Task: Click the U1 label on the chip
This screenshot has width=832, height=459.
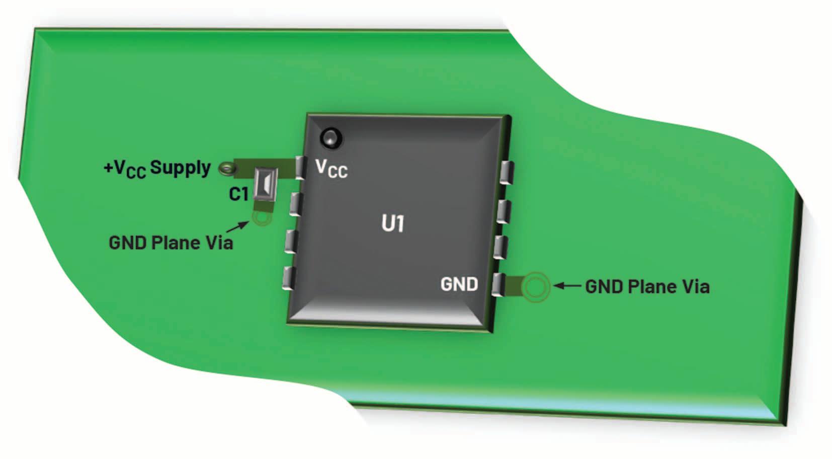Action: pyautogui.click(x=392, y=224)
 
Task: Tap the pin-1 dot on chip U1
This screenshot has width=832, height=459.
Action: pyautogui.click(x=331, y=137)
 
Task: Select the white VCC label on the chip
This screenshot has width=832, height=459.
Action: pyautogui.click(x=331, y=169)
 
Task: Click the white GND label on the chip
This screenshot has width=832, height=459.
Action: pyautogui.click(x=459, y=284)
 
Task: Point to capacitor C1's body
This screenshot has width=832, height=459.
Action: pyautogui.click(x=265, y=183)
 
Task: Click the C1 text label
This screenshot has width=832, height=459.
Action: pyautogui.click(x=238, y=194)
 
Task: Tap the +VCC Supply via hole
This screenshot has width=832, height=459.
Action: pyautogui.click(x=227, y=168)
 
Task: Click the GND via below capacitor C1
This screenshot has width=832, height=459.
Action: pyautogui.click(x=262, y=217)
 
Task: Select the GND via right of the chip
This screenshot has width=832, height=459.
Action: pyautogui.click(x=535, y=287)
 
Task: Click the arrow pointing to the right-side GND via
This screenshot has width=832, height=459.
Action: pyautogui.click(x=567, y=286)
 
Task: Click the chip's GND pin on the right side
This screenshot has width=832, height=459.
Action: pyautogui.click(x=498, y=285)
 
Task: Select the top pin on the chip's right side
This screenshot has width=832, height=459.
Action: pyautogui.click(x=507, y=173)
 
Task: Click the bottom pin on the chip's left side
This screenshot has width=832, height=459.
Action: pyautogui.click(x=288, y=278)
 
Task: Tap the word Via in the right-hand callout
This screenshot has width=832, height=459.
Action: pyautogui.click(x=695, y=287)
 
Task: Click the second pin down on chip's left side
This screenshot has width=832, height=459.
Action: pyautogui.click(x=296, y=204)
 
